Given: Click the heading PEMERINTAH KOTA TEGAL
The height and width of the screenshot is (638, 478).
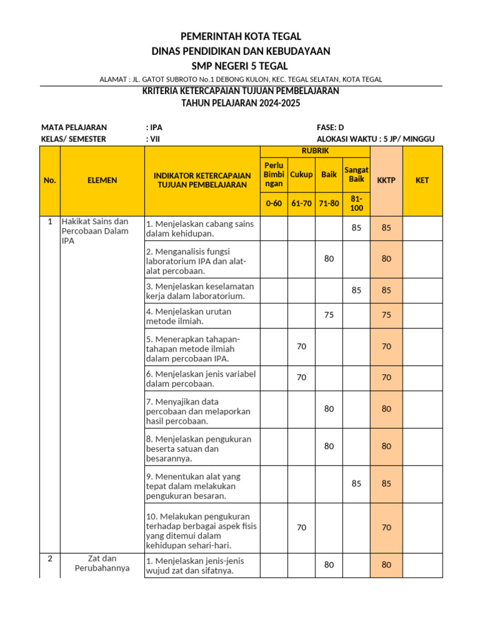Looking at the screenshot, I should pos(240,37).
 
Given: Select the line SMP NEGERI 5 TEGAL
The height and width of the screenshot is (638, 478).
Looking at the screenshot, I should pos(240,66).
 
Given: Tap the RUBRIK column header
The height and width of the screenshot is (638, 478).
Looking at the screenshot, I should pos(315,151).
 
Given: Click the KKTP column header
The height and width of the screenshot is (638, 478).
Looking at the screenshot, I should pos(387,180).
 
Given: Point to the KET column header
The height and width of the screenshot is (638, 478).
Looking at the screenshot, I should pos(423,180).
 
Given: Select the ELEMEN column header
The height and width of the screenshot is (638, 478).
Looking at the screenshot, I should pos(102,180).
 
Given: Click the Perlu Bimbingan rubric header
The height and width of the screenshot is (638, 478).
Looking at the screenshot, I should pos(274,175).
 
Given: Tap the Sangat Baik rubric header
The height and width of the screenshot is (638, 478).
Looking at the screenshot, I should pos(356,175).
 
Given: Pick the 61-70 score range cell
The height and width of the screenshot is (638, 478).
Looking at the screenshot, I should pos(301,204).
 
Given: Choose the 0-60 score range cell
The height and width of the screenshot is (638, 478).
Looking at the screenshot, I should pos(274,204).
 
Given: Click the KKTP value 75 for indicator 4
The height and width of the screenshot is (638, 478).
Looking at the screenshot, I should pos(387,315).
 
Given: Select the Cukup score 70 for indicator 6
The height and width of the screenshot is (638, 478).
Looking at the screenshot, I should pos(301,377).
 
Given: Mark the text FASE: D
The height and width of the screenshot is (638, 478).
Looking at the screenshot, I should pos(330,127).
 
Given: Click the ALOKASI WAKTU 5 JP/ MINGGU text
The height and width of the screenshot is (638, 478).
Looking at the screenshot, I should pos(375,139).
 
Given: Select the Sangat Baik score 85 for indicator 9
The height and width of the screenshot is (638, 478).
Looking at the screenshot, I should pos(356,483).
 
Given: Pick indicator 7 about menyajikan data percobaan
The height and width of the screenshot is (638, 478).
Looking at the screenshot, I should pos(198,411).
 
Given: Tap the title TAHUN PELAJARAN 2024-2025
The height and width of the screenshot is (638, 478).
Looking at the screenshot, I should pos(240,103).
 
